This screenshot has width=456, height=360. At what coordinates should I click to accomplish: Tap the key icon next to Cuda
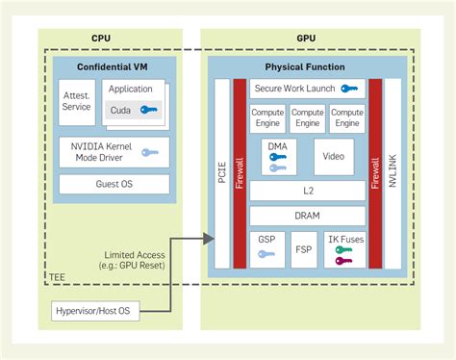[147, 110]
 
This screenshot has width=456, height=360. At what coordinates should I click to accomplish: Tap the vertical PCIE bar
[222, 172]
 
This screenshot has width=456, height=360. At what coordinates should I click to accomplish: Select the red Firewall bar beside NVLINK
[374, 172]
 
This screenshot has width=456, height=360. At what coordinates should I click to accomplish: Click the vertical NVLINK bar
[392, 172]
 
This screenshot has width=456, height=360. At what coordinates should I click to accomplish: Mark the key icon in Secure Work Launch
[348, 89]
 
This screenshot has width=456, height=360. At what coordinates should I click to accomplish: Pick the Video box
[334, 156]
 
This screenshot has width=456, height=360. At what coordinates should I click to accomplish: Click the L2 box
[307, 192]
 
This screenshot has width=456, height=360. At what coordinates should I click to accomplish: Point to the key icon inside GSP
[266, 255]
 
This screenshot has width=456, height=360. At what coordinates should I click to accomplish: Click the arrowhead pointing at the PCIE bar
[210, 237]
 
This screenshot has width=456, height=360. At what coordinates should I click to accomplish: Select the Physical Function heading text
[307, 67]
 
